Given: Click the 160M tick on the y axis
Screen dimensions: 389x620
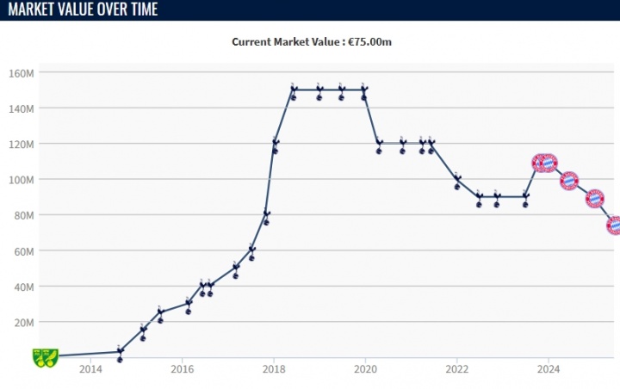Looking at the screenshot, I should click(22, 73).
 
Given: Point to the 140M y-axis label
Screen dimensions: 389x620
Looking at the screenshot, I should click(22, 108).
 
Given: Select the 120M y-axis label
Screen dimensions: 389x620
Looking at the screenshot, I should click(22, 144).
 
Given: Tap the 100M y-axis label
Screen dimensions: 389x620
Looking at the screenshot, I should click(22, 180).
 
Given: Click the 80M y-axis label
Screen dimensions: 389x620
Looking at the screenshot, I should click(23, 215).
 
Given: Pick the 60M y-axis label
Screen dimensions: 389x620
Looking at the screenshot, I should click(23, 251).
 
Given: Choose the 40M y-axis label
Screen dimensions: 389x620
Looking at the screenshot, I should click(23, 287).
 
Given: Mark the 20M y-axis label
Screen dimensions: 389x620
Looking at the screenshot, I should click(23, 322).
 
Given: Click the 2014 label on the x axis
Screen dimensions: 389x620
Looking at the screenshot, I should click(90, 369).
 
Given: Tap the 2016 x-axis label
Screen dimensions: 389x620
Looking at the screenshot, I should click(182, 369).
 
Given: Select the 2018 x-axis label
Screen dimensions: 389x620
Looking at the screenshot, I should click(274, 369).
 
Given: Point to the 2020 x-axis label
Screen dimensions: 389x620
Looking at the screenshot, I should click(365, 369).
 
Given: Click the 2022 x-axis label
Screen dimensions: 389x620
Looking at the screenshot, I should click(456, 369).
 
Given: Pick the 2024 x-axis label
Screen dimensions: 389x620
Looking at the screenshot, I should click(549, 369).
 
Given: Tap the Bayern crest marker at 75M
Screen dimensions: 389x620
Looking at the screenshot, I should click(614, 225).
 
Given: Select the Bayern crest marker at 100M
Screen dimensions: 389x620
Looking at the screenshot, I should click(568, 181).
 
